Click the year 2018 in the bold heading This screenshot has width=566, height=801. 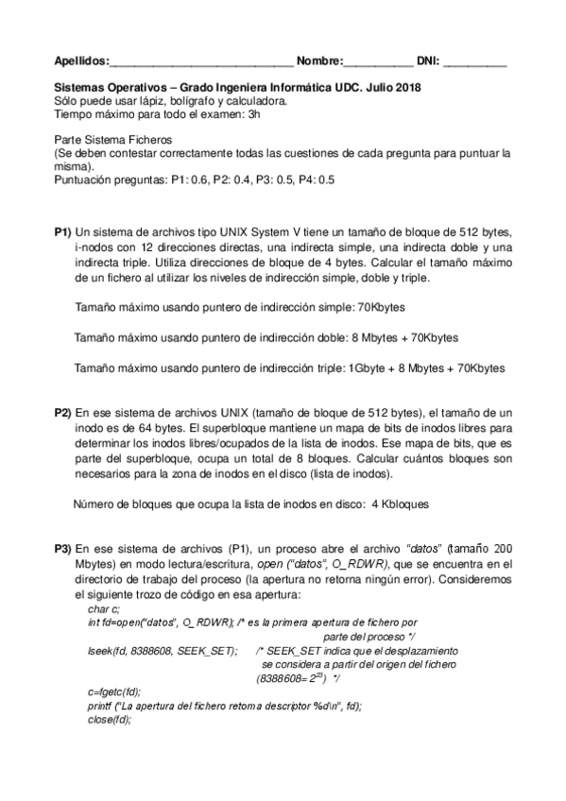pos(408,88)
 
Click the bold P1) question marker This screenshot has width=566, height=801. pos(62,233)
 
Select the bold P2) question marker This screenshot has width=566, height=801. pos(62,413)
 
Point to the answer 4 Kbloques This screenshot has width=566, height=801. pos(401,504)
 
